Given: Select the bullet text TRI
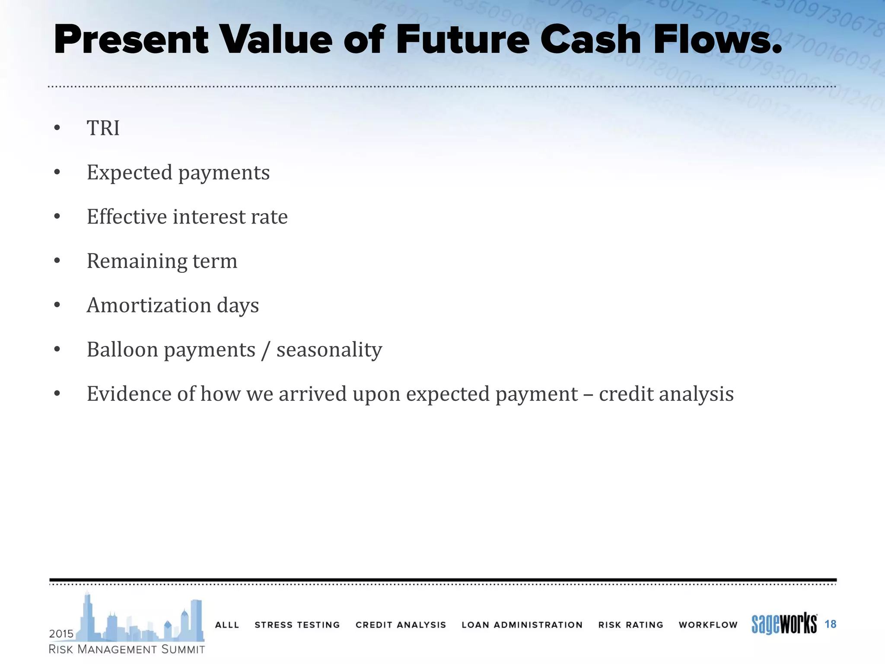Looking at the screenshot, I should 103,128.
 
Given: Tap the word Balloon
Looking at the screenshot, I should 122,350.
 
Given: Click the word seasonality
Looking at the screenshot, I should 329,350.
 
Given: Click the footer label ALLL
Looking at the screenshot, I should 227,625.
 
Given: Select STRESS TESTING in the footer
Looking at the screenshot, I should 297,625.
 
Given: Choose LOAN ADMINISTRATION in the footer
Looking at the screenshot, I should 522,625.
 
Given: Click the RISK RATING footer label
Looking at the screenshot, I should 630,625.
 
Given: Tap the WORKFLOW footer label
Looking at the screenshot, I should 708,625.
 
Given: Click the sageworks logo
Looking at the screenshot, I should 784,624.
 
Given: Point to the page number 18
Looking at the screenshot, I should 830,624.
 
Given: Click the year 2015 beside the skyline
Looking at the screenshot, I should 61,634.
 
